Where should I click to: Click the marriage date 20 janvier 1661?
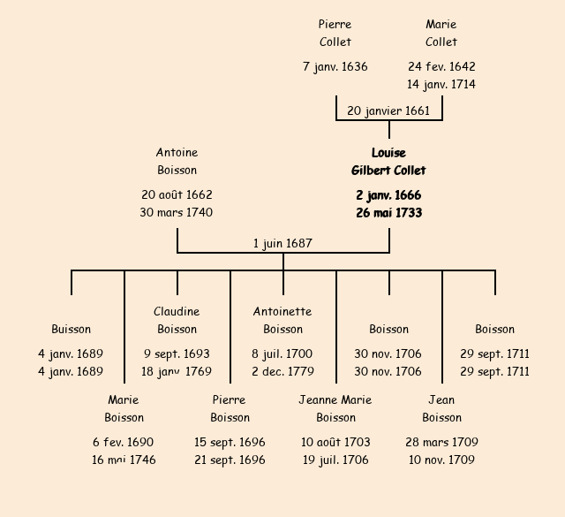(x=388, y=111)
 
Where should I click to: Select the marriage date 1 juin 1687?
(x=282, y=244)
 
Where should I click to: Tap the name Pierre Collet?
(x=335, y=34)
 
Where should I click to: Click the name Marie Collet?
(x=441, y=34)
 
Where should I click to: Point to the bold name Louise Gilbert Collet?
(x=388, y=162)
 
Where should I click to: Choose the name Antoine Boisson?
(x=177, y=162)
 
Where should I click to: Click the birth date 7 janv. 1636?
(x=335, y=67)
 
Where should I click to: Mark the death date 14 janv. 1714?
(x=441, y=85)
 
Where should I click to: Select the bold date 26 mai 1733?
(x=388, y=213)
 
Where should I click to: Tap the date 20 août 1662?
(x=177, y=195)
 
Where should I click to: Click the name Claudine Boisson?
(x=177, y=321)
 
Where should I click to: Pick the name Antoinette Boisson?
(x=282, y=321)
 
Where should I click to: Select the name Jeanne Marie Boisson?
(x=335, y=409)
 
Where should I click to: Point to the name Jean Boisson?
(x=441, y=409)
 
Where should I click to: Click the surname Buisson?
(x=71, y=330)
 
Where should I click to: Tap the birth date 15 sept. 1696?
(x=230, y=443)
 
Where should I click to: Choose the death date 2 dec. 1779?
(x=282, y=372)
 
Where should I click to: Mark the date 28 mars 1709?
(x=441, y=443)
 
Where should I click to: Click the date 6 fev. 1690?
(x=124, y=443)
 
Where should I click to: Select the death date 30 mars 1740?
(x=177, y=213)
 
